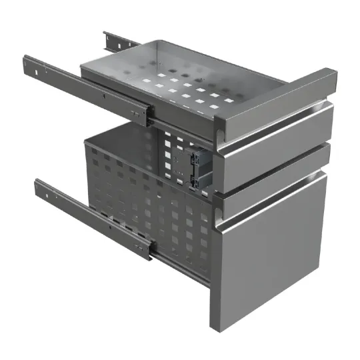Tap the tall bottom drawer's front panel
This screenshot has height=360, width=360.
270,257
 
